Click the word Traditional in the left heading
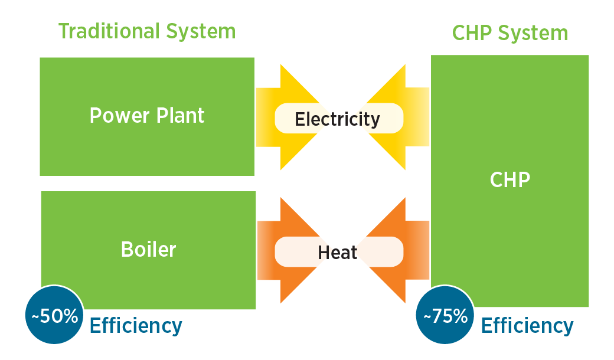(x=107, y=31)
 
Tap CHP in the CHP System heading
(x=471, y=34)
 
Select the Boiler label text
(x=148, y=249)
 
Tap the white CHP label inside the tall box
(x=510, y=179)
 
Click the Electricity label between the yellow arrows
(x=337, y=119)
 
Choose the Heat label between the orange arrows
(x=338, y=253)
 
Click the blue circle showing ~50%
(x=54, y=316)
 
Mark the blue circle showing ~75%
(x=446, y=316)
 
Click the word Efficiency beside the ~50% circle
(x=136, y=326)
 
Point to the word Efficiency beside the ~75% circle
(x=527, y=326)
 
